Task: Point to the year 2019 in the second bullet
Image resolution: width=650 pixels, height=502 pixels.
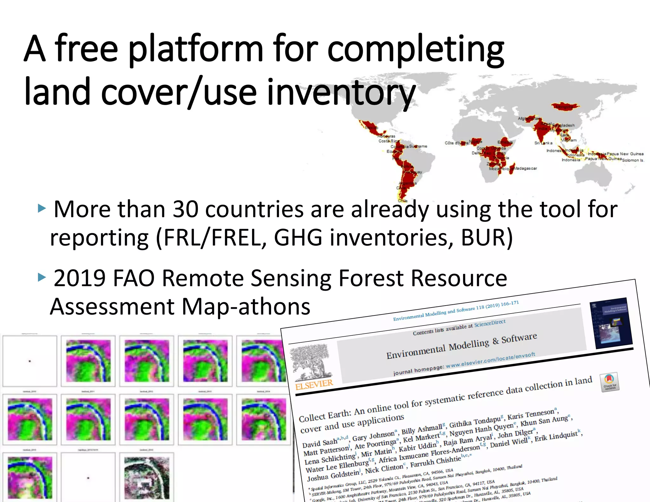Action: point(79,278)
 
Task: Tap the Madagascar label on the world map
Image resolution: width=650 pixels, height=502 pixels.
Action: point(525,168)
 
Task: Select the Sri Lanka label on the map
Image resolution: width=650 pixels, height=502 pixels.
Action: point(543,143)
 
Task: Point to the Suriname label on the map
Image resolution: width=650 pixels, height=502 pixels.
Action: point(418,146)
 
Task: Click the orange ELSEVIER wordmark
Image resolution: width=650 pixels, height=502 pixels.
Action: point(314,384)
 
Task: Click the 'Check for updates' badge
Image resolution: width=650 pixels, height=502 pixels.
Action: point(609,382)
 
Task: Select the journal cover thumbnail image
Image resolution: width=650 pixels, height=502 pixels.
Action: point(611,323)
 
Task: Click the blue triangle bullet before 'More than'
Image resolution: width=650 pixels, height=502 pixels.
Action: point(42,208)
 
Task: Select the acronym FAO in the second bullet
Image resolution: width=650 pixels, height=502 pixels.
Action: point(133,278)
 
